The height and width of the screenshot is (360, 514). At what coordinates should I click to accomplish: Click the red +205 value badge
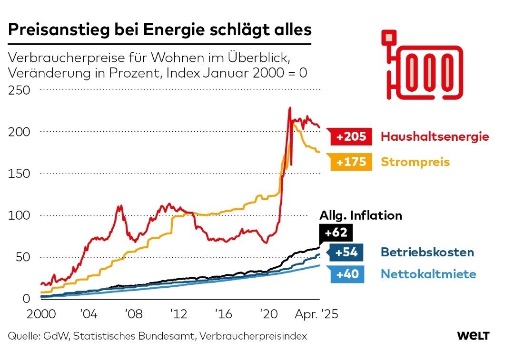click(x=351, y=137)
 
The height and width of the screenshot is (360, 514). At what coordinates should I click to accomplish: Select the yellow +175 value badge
click(x=351, y=162)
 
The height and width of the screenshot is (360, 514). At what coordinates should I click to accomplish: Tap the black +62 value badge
click(x=336, y=233)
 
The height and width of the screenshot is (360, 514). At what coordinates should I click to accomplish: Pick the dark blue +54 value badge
click(x=346, y=253)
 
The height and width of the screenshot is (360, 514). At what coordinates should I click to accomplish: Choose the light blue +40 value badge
click(x=346, y=274)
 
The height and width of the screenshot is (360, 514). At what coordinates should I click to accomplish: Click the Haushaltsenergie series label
click(x=435, y=137)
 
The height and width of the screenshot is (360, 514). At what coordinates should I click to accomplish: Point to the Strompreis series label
click(x=415, y=162)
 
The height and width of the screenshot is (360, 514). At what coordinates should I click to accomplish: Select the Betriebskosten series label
click(x=427, y=253)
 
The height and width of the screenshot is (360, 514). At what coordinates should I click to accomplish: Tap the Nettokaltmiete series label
click(x=428, y=274)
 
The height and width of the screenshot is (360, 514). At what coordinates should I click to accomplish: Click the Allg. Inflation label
click(x=361, y=215)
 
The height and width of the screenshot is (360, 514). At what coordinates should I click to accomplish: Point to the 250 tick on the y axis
click(x=19, y=90)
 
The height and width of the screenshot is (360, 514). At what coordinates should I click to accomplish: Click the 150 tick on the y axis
click(x=19, y=174)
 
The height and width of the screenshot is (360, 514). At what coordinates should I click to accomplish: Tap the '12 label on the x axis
click(x=178, y=315)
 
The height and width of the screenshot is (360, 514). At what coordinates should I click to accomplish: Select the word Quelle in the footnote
click(x=22, y=336)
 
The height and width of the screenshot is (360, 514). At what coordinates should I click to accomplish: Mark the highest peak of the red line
click(x=289, y=109)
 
